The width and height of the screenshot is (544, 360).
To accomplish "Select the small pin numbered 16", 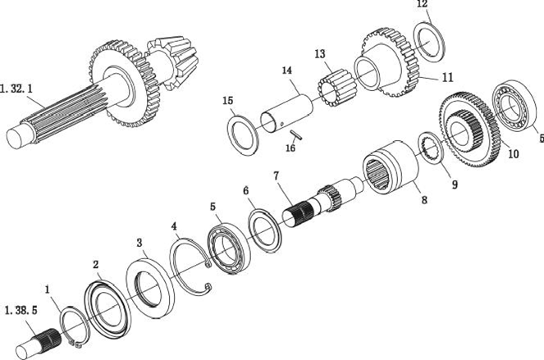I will (x=299, y=134).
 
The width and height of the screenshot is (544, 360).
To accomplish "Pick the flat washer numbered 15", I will (x=244, y=133).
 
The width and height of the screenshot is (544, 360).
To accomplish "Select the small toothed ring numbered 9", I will (x=430, y=145).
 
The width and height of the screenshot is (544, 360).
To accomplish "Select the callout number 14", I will (x=286, y=71).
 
